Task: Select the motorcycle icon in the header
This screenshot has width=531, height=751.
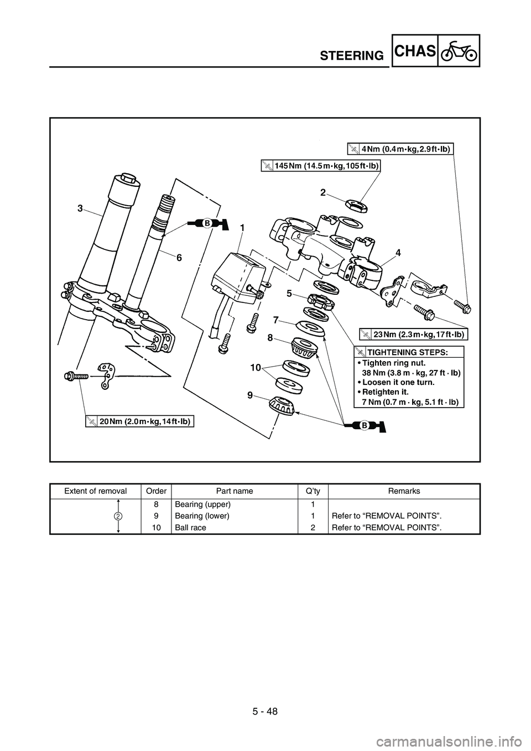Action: pos(459,51)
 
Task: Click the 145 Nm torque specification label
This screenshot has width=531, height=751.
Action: pos(321,165)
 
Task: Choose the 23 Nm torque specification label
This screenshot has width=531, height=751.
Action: pos(413,334)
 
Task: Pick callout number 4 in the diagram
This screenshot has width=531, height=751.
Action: pos(398,252)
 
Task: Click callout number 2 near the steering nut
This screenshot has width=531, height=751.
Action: pos(323,192)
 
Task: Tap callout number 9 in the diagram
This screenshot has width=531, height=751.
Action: pos(251,395)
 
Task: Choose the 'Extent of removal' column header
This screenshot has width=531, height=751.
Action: pos(96,491)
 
